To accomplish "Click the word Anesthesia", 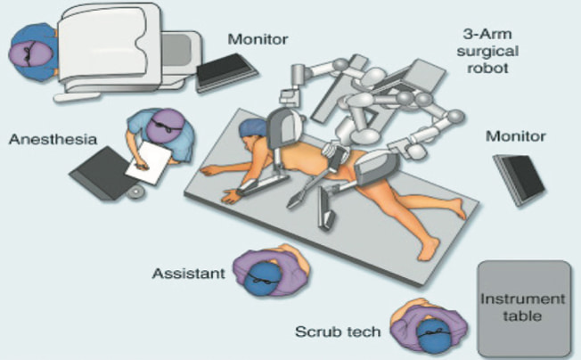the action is pos(53,140).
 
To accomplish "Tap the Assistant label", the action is pos(189,274).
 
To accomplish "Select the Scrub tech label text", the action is pos(338,331).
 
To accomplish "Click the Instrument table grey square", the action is pos(524,308).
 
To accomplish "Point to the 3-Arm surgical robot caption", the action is pos(487,51).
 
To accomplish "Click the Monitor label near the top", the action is pos(258,39).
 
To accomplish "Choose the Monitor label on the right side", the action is pos(515,136).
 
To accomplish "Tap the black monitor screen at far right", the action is pos(520,180).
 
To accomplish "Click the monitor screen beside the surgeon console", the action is pos(226,72).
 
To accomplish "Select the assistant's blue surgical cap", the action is pos(262,279).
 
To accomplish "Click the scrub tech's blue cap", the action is pos(434,336).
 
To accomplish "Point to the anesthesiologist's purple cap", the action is pos(166,125).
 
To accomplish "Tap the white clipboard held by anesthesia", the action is pos(148,163).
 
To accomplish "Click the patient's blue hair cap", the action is pos(252,127).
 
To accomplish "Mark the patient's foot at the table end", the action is pos(430,249).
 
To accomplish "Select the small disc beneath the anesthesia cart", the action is pos(136,192).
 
